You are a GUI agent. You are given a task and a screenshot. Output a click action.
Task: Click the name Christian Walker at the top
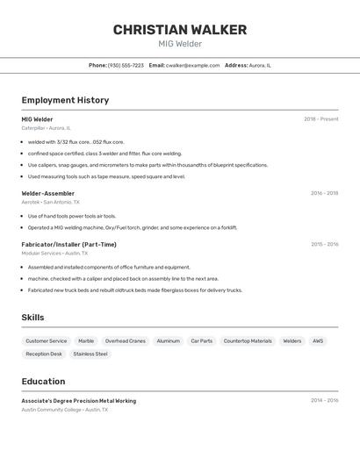point(180,30)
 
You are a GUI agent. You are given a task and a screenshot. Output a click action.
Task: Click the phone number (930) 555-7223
point(126,65)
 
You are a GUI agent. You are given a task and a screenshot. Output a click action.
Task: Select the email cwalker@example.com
point(192,65)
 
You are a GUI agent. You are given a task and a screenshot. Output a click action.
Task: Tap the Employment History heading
point(65,100)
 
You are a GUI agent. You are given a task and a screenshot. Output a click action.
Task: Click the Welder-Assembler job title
point(48,193)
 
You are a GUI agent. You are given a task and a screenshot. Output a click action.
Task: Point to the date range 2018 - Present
point(320,119)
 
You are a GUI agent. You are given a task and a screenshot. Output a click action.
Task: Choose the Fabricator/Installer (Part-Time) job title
point(68,245)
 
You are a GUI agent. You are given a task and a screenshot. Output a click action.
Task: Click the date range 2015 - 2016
point(324,245)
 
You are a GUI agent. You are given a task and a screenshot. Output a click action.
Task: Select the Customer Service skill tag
point(46,341)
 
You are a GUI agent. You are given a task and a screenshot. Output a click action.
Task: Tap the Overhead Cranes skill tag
point(125,341)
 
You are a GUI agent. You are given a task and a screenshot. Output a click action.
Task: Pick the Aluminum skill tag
point(168,341)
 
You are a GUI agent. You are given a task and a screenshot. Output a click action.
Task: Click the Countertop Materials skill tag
point(248,341)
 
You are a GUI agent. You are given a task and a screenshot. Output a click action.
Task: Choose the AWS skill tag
point(318,341)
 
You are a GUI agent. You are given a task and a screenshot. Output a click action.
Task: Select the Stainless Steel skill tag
point(90,354)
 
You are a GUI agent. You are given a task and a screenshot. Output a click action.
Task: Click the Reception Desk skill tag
point(44,354)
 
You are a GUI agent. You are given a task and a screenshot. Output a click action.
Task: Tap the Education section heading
point(43,382)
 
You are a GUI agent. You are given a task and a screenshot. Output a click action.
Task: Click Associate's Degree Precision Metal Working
point(79,401)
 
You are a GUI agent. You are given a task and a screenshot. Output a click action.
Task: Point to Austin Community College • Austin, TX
point(65,410)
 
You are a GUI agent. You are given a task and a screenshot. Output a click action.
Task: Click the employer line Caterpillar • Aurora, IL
point(47,128)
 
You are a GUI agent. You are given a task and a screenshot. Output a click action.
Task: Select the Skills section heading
point(33,318)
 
